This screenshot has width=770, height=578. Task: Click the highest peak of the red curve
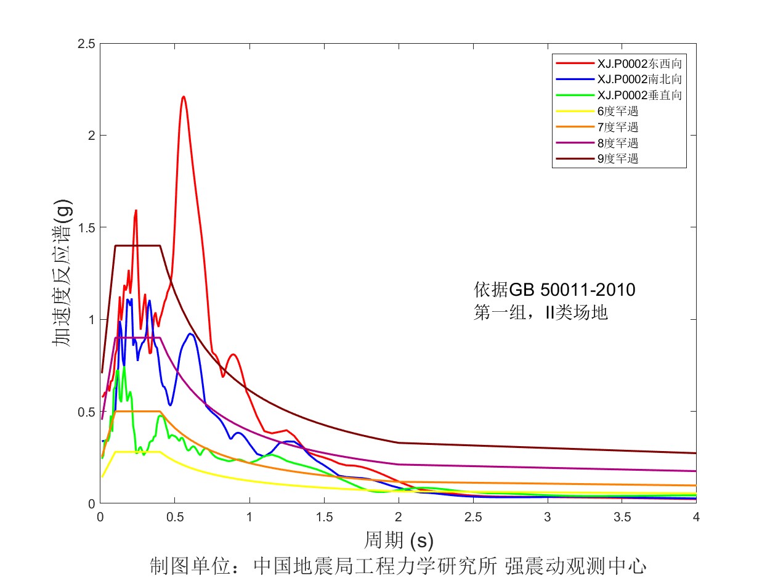click(183, 97)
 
